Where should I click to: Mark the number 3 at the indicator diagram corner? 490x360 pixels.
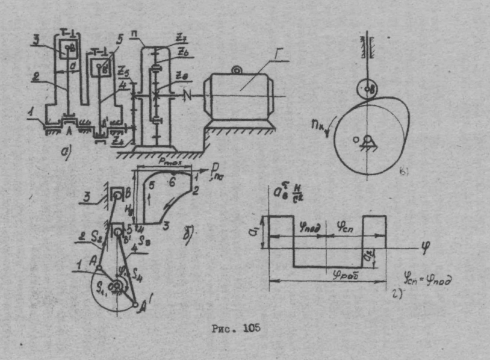coord(164,225)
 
